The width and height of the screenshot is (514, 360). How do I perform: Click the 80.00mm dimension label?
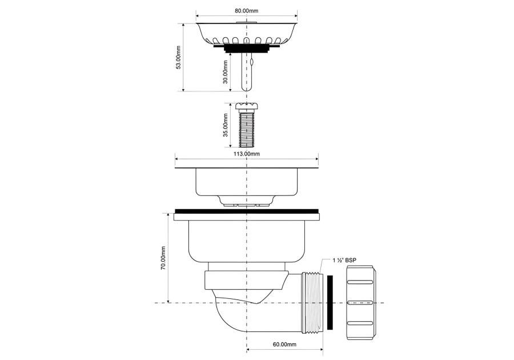point(246,10)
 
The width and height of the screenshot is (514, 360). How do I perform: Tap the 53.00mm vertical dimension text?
point(178,57)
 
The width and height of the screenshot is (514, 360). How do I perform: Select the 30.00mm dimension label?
point(226,72)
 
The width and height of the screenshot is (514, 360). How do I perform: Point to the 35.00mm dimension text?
point(226,125)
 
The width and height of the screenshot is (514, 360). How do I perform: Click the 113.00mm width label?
point(246,154)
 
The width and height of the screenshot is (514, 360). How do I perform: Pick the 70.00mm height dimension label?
point(163,258)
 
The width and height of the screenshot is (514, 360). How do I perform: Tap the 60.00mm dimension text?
point(284,344)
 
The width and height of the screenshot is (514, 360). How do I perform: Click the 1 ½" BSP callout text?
point(344,261)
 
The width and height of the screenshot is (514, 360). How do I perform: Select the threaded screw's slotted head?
point(247,106)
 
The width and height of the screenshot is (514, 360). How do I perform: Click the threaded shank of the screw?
point(247,129)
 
